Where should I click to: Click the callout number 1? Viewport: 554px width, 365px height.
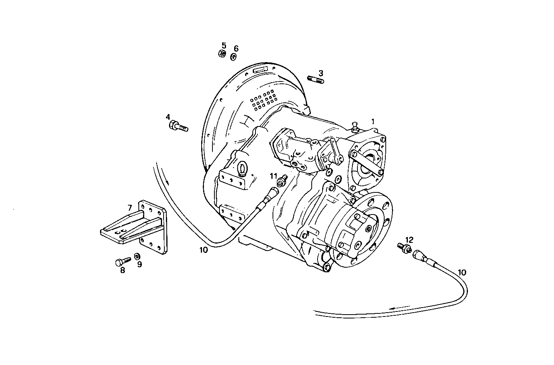[x=373, y=121]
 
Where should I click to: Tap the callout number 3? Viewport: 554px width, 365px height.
[x=321, y=73]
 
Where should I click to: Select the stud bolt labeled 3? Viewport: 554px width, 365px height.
[x=316, y=80]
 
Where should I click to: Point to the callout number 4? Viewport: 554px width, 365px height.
[x=168, y=117]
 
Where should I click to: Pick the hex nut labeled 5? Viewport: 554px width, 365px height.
[x=222, y=54]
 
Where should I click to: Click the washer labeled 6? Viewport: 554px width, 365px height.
[x=234, y=57]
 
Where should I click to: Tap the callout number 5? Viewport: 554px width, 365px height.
[x=224, y=45]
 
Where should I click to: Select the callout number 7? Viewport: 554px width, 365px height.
[x=130, y=208]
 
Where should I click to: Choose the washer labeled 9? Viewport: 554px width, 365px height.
[x=137, y=256]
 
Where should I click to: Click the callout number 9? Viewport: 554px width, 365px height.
[x=139, y=265]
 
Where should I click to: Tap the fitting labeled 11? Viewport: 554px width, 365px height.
[x=281, y=180]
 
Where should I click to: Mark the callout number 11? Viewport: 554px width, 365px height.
[x=274, y=176]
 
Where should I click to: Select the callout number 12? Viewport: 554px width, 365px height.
[x=409, y=239]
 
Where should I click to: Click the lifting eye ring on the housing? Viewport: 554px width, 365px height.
[x=242, y=168]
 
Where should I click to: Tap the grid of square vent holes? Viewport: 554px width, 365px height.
[x=263, y=100]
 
